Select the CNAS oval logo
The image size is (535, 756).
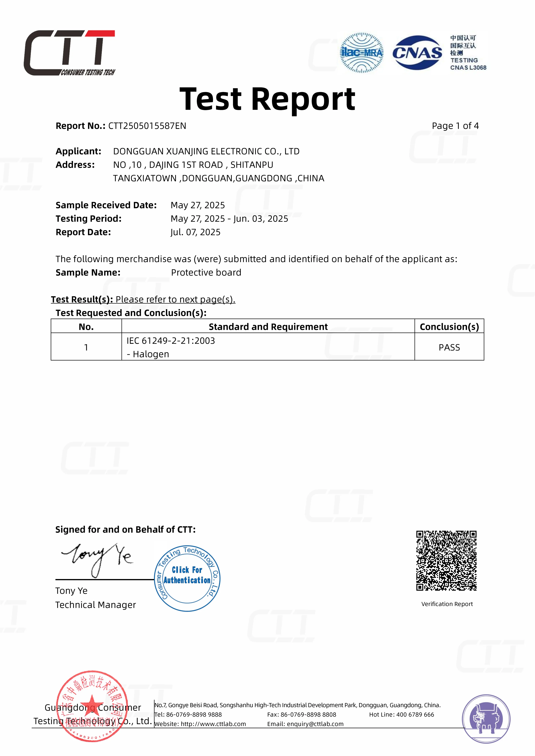(x=417, y=53)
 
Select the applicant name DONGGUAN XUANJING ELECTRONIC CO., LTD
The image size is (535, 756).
(x=206, y=152)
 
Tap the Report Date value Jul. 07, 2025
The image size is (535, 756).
(x=195, y=232)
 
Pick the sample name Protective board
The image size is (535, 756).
(x=206, y=273)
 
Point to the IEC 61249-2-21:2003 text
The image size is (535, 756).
(x=171, y=341)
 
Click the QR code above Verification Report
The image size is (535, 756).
(x=446, y=560)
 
